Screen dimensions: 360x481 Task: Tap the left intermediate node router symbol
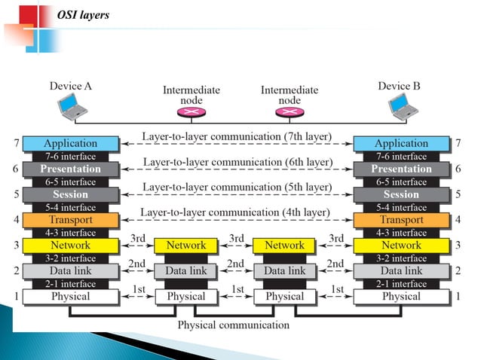pos(190,112)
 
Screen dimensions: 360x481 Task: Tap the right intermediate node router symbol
pos(288,112)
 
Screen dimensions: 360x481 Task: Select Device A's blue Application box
pos(70,143)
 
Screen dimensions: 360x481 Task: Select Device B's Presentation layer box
pos(401,169)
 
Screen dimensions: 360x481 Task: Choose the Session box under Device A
pos(70,194)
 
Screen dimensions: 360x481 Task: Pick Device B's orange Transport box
pos(401,220)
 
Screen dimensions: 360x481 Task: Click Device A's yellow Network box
pos(70,246)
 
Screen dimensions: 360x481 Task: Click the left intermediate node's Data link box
pos(186,271)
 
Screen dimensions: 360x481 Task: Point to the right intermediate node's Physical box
pos(285,297)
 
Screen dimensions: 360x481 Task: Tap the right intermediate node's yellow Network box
pos(285,246)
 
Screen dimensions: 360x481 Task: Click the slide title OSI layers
pos(84,14)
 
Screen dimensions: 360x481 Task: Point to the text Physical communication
pos(233,325)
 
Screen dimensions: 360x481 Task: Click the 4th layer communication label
pos(235,212)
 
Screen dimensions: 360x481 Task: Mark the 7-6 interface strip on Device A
pos(70,156)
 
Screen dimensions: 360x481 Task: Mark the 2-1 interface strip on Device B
pos(401,284)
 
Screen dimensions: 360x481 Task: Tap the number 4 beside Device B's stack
pos(458,221)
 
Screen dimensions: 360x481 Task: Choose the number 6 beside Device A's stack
pos(16,169)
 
